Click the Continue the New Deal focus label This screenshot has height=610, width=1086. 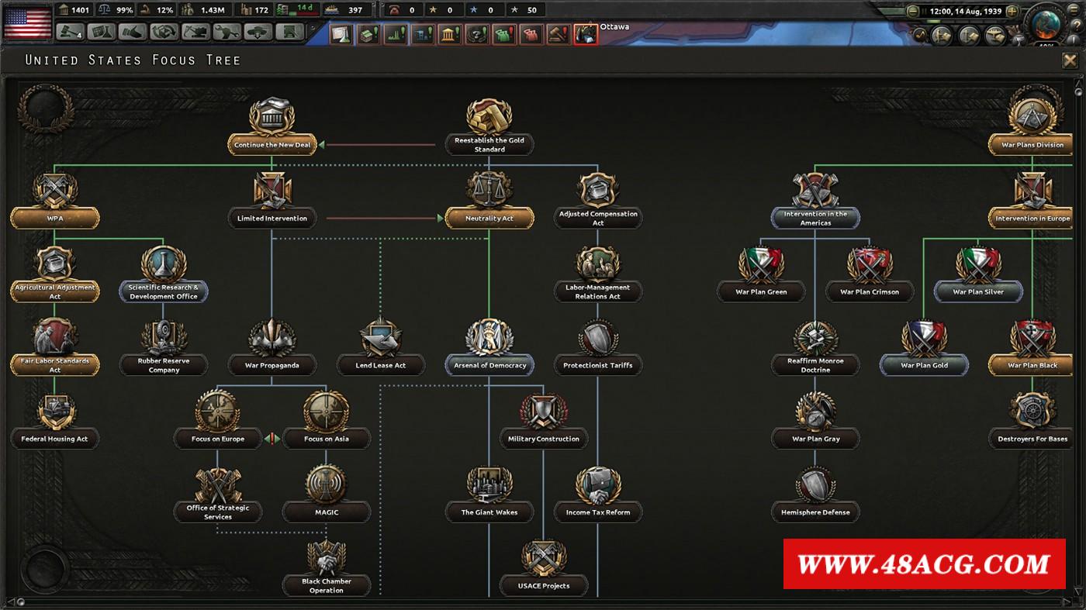272,145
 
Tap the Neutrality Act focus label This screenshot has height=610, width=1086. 489,219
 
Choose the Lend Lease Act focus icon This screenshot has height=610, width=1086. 381,338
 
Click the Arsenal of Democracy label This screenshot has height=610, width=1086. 489,365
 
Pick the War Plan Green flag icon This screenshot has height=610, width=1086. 761,264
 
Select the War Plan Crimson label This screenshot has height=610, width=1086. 870,291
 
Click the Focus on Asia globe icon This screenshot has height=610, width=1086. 327,411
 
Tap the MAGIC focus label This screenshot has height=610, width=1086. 327,512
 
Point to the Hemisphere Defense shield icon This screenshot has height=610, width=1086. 815,484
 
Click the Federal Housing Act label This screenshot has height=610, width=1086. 54,439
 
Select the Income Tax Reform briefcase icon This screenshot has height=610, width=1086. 598,484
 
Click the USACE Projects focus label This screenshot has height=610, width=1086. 544,586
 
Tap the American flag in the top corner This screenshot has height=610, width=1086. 27,22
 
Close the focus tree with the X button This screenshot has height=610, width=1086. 1070,60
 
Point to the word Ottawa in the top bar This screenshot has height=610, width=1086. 614,26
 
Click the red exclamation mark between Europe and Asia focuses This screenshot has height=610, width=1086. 272,439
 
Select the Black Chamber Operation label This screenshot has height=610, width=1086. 327,586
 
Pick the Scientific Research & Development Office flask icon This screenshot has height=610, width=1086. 164,264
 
